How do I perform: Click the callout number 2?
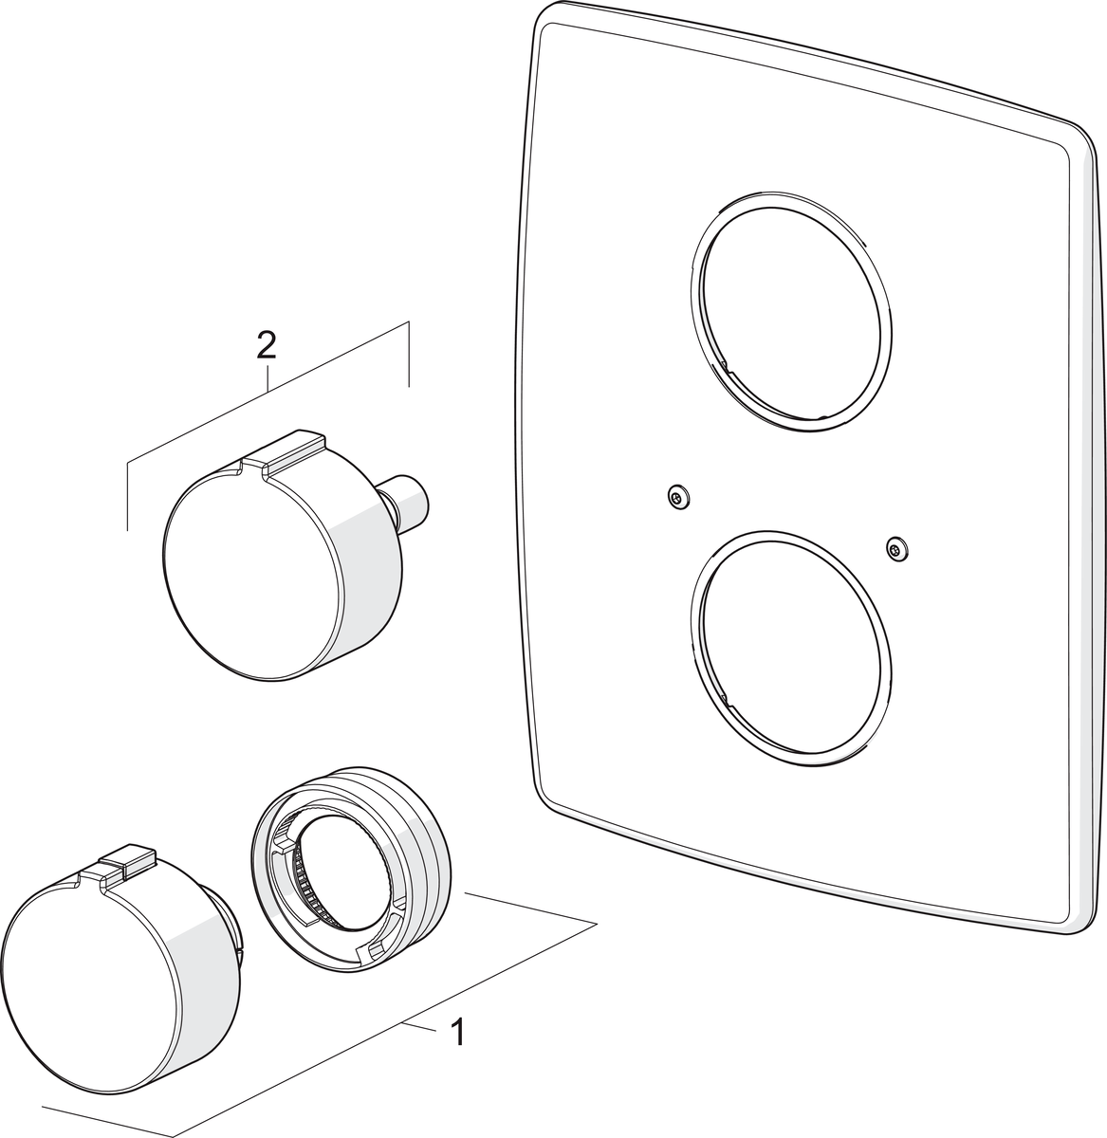266,345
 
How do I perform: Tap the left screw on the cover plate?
678,498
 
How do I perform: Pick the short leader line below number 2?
267,377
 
